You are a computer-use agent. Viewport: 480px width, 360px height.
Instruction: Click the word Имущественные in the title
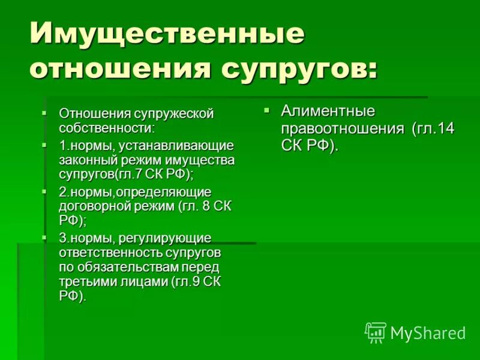point(167,35)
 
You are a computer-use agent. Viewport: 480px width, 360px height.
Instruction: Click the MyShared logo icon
point(376,332)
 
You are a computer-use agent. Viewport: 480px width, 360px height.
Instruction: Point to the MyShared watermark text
point(428,332)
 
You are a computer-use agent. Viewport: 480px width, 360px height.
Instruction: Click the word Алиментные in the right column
point(328,111)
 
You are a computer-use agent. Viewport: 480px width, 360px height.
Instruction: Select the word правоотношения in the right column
point(343,128)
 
